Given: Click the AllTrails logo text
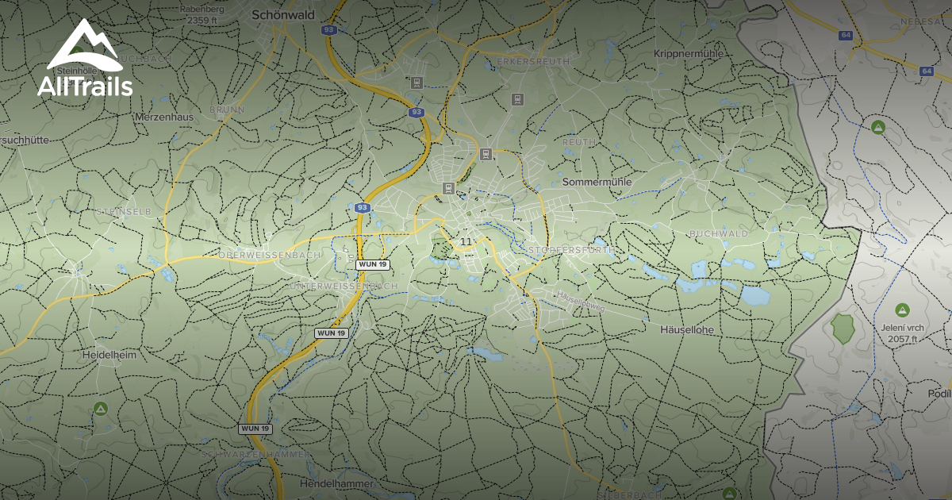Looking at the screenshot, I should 85,86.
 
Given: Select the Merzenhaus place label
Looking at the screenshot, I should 165,117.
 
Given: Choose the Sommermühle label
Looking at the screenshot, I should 597,182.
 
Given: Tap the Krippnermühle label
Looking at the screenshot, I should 688,53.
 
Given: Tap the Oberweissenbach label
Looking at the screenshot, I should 270,255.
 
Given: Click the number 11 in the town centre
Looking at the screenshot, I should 466,241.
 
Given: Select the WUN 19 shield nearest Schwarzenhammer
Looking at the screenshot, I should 255,429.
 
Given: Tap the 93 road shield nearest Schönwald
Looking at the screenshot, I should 328,29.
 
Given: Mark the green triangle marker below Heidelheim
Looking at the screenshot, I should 101,408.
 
